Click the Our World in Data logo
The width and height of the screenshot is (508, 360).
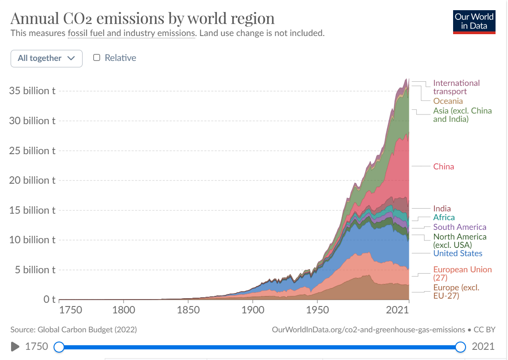coord(474,21)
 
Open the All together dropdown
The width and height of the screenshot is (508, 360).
coord(46,58)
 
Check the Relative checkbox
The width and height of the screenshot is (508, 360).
coord(97,58)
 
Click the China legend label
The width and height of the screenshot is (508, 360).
coord(443,167)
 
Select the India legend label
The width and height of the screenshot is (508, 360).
coord(442,209)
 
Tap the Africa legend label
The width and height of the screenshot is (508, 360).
coord(444,217)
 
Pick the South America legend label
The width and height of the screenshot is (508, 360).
coord(460,227)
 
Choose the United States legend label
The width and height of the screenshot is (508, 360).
coord(458,253)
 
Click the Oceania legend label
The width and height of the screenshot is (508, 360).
coord(448,101)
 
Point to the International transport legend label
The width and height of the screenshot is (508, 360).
coord(456,87)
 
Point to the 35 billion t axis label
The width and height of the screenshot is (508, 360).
coord(32,91)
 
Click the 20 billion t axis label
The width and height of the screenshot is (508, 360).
coord(32,180)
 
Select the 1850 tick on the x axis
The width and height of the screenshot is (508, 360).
coord(188,310)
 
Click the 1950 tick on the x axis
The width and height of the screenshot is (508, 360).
coord(317,310)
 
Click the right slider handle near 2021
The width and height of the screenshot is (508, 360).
coord(460,347)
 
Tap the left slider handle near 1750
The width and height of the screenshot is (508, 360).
coord(59,347)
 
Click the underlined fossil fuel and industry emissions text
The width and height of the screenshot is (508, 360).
coord(131,33)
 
